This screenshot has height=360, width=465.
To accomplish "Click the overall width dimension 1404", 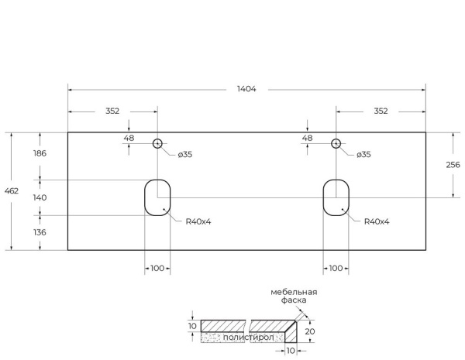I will click(x=246, y=89).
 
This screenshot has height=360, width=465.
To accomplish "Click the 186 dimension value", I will click(x=39, y=153).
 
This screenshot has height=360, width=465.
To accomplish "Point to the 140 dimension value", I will click(x=39, y=197).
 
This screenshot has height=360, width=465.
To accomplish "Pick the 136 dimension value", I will click(x=39, y=232).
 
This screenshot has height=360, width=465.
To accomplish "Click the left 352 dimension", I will click(x=112, y=111).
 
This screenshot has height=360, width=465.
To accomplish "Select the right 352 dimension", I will click(x=381, y=111).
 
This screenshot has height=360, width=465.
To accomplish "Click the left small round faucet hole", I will click(x=157, y=143).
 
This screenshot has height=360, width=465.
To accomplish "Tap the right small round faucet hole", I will click(x=336, y=143).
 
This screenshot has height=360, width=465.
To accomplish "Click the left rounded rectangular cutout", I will click(x=157, y=197).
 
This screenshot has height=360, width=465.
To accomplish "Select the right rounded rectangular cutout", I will click(x=336, y=197).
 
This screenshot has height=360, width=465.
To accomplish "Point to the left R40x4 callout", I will click(x=198, y=221).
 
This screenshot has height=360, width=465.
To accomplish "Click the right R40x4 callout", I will click(x=377, y=221).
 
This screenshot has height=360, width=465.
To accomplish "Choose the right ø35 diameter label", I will click(x=363, y=155).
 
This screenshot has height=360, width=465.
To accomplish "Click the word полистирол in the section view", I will click(x=244, y=338).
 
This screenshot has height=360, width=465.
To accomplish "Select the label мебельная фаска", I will click(x=294, y=296).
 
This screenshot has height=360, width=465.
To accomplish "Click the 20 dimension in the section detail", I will click(x=310, y=331).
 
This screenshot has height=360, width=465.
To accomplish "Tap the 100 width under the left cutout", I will click(x=157, y=268).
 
